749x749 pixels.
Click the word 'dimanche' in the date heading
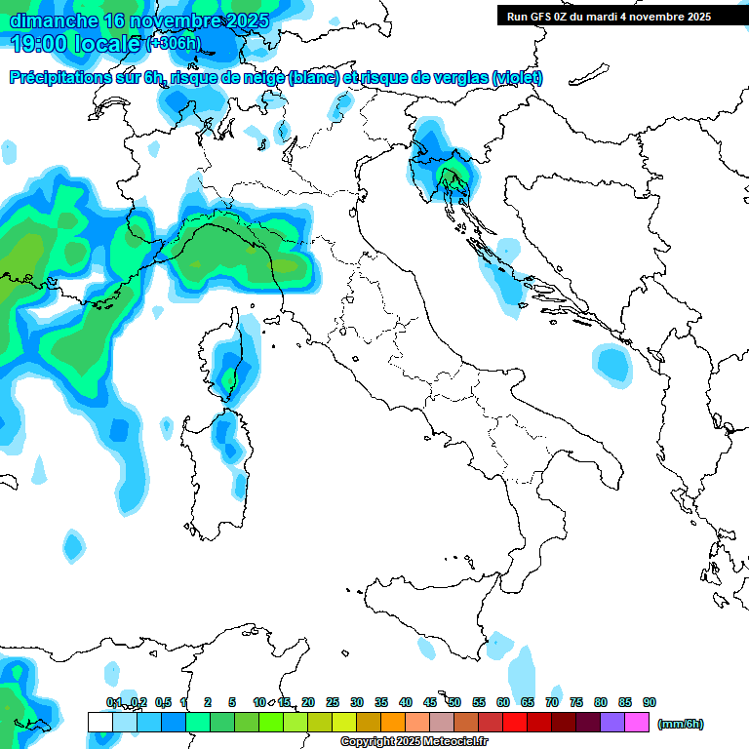[x=54, y=20]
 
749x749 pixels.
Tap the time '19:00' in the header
[x=40, y=44]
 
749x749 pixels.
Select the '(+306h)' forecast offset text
[x=173, y=44]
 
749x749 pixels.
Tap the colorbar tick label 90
[x=650, y=702]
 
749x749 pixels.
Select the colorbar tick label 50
[x=454, y=702]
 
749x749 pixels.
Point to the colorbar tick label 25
[x=333, y=702]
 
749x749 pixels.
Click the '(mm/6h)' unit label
[x=681, y=724]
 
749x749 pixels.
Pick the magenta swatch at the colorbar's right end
[x=637, y=722]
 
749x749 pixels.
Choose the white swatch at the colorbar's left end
[x=99, y=722]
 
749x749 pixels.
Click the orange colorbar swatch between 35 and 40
[x=393, y=722]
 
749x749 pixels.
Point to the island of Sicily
[x=429, y=614]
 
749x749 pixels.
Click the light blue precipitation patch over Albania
[x=613, y=364]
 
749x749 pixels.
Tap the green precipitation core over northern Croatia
[x=452, y=177]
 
